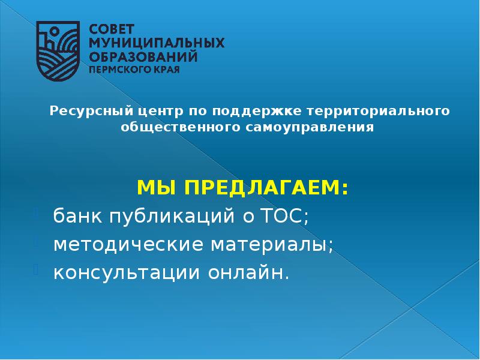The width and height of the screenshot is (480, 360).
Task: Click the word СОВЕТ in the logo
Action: coord(113,29)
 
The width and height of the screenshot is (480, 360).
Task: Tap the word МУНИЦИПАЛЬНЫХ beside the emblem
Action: coord(157,43)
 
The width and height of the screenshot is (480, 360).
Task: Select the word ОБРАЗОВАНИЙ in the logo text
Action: coord(143,56)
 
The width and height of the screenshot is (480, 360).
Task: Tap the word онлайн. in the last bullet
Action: coord(248,273)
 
